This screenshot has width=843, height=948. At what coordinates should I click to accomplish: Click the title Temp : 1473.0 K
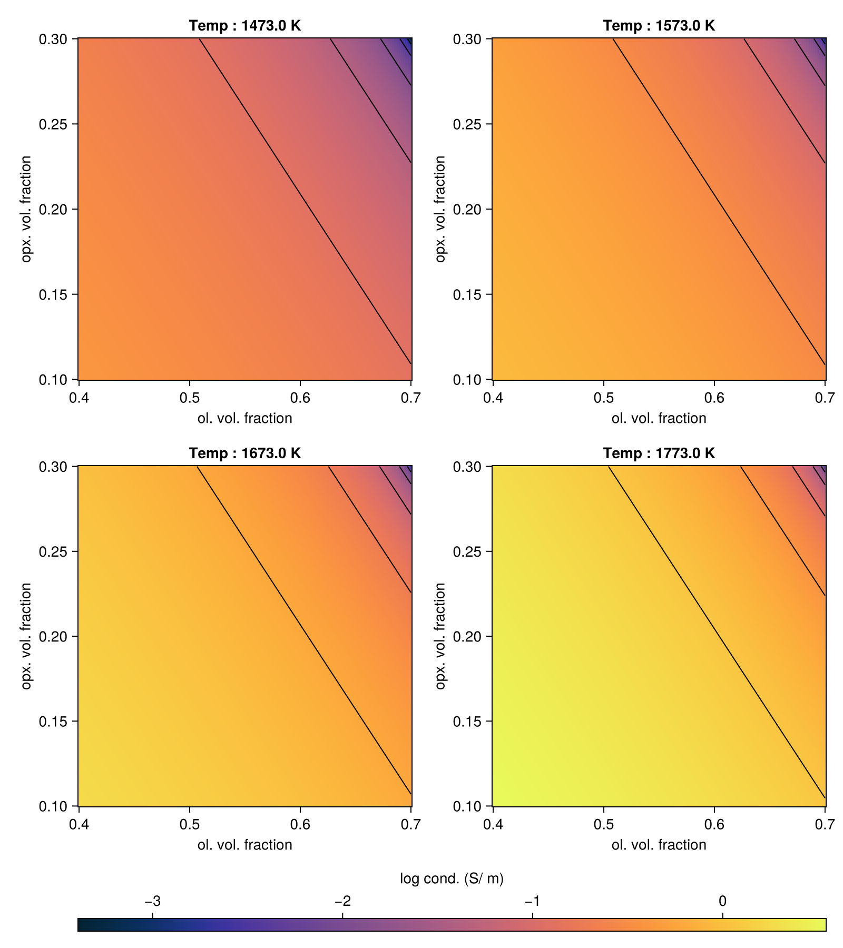pyautogui.click(x=244, y=25)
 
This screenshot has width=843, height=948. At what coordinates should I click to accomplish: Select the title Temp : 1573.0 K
pyautogui.click(x=659, y=25)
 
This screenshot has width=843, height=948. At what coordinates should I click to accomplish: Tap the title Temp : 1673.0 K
pyautogui.click(x=244, y=453)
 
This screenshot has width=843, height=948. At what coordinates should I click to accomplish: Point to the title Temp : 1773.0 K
pyautogui.click(x=659, y=453)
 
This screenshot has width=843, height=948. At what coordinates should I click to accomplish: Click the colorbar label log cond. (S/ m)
pyautogui.click(x=452, y=878)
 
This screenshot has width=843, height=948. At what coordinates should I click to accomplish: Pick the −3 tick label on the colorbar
pyautogui.click(x=152, y=901)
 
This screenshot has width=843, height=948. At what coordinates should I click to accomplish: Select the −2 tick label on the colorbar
pyautogui.click(x=342, y=901)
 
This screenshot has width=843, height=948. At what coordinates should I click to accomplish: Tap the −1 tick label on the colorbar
pyautogui.click(x=532, y=901)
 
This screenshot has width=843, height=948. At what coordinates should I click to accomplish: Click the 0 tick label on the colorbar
pyautogui.click(x=722, y=901)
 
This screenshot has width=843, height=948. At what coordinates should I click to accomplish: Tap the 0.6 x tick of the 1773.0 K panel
pyautogui.click(x=714, y=825)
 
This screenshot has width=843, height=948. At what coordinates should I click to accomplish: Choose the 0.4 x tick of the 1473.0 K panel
pyautogui.click(x=79, y=398)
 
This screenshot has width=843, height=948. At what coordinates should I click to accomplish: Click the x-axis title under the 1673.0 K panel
pyautogui.click(x=244, y=845)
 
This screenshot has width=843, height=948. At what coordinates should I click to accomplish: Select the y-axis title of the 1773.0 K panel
pyautogui.click(x=440, y=636)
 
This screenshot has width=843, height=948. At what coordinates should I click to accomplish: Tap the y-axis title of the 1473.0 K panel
pyautogui.click(x=26, y=209)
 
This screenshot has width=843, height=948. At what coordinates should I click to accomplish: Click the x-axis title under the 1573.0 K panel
pyautogui.click(x=659, y=419)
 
